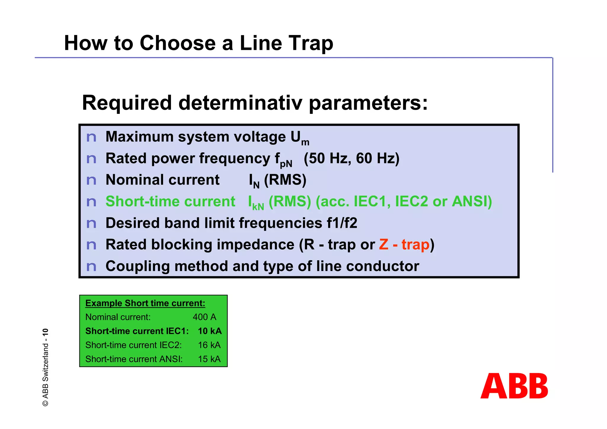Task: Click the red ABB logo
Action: (x=514, y=386)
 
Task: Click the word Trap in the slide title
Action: (x=311, y=44)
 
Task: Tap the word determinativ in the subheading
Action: (x=240, y=103)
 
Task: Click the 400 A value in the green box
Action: (x=205, y=317)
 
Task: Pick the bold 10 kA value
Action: (x=210, y=331)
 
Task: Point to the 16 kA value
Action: (x=209, y=345)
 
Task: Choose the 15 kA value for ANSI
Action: (x=209, y=359)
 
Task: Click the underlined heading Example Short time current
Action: (x=145, y=303)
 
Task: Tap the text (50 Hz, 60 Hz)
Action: (x=352, y=158)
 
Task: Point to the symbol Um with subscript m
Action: (x=300, y=138)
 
